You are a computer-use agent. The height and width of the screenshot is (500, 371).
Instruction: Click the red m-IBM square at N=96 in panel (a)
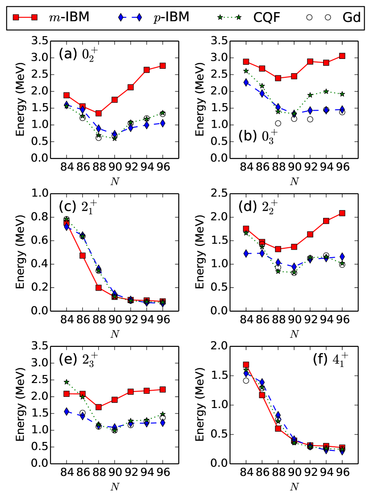163,66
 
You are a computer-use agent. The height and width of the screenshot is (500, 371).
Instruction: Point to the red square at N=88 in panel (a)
98,113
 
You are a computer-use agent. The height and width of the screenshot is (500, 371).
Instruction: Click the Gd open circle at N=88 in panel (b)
278,123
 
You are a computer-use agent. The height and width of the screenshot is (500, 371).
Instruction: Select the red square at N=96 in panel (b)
342,56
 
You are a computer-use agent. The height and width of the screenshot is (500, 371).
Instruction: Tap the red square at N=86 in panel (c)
82,255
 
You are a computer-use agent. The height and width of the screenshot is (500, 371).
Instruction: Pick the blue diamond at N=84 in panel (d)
245,253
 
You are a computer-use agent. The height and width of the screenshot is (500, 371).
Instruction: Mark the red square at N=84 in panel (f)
245,365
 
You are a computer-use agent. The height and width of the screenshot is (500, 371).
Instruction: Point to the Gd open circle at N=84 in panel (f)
245,380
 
